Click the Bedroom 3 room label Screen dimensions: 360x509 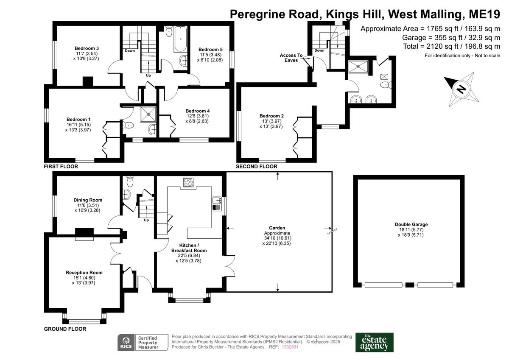point(87,48)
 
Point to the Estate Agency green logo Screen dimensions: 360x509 point(374,342)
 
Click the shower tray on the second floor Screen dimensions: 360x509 point(357,65)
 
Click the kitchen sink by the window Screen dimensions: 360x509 point(216,203)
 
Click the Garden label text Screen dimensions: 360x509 point(277,228)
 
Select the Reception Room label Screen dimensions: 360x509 point(84,273)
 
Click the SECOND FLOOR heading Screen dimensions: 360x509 point(257,167)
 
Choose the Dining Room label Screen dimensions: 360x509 point(88,200)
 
